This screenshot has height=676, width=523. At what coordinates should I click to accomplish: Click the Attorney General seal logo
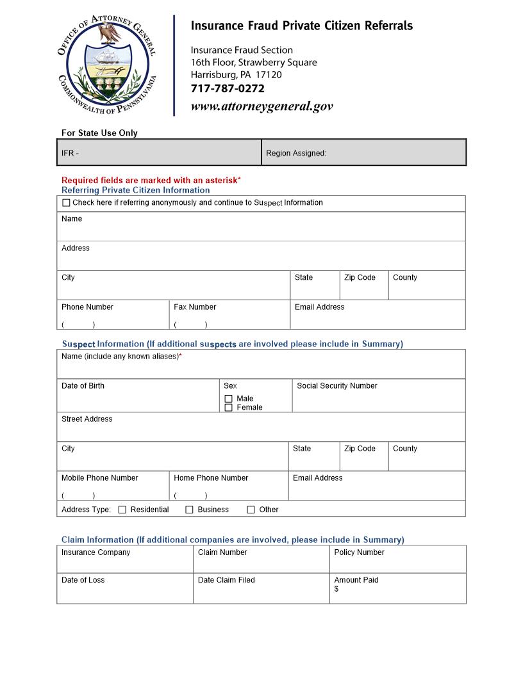click(107, 66)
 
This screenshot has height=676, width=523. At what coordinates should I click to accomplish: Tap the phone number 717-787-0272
click(228, 89)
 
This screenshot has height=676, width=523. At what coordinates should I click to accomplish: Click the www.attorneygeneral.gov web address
click(261, 106)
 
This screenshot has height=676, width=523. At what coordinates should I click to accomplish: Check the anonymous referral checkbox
click(66, 203)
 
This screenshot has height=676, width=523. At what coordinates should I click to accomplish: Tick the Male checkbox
click(228, 399)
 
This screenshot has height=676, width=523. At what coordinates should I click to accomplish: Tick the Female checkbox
click(228, 408)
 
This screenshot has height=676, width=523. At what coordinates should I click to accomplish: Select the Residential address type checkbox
click(122, 510)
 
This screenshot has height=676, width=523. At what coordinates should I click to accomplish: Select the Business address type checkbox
click(189, 510)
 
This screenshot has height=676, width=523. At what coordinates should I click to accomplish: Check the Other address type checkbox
click(251, 510)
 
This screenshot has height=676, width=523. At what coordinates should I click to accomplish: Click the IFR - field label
click(70, 154)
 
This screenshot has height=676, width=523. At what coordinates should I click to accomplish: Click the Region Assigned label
click(296, 154)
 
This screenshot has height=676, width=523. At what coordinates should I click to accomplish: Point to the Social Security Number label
click(336, 386)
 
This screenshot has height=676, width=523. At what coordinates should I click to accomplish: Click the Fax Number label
click(195, 307)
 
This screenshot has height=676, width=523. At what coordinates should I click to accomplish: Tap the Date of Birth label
click(83, 386)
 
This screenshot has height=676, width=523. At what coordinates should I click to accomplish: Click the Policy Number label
click(359, 552)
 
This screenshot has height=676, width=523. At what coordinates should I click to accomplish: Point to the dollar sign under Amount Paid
click(336, 589)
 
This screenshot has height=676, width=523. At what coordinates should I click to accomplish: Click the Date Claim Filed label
click(226, 581)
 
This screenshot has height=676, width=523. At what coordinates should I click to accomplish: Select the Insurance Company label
click(95, 552)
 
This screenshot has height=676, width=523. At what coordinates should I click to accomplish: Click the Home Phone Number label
click(211, 478)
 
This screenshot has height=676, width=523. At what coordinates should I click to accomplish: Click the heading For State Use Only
click(99, 133)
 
